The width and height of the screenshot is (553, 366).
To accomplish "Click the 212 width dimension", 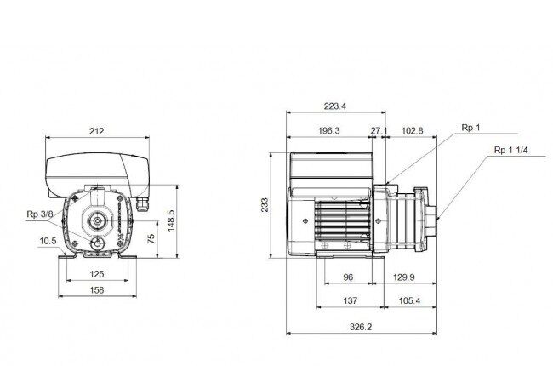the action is pyautogui.click(x=97, y=131).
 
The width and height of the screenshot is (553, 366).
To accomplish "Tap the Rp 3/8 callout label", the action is pyautogui.click(x=40, y=214).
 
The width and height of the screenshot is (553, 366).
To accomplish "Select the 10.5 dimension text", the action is pyautogui.click(x=48, y=241).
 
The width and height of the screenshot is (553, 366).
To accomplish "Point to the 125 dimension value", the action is pyautogui.click(x=97, y=274).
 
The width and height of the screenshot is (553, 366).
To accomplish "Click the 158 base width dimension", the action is pyautogui.click(x=97, y=290).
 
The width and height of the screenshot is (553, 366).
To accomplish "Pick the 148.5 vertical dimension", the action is pyautogui.click(x=171, y=221).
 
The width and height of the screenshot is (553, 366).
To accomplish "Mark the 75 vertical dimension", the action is pyautogui.click(x=151, y=238).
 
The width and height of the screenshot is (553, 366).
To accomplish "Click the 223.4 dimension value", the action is pyautogui.click(x=335, y=106).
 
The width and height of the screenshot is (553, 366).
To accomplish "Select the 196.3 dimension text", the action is pyautogui.click(x=329, y=130).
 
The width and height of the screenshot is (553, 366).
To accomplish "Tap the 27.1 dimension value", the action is pyautogui.click(x=379, y=130).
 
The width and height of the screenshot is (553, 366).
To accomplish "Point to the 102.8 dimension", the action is pyautogui.click(x=413, y=130).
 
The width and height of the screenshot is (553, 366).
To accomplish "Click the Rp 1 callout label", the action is pyautogui.click(x=470, y=128).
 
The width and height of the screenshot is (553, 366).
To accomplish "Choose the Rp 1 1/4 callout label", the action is pyautogui.click(x=511, y=150).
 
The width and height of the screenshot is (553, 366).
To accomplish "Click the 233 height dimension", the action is pyautogui.click(x=265, y=205).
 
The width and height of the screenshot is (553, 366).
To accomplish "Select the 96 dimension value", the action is pyautogui.click(x=348, y=277).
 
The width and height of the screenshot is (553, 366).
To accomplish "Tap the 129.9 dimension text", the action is pyautogui.click(x=404, y=277).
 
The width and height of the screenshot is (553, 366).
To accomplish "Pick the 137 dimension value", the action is pyautogui.click(x=351, y=301).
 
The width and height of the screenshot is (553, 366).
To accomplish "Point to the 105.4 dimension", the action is pyautogui.click(x=409, y=301).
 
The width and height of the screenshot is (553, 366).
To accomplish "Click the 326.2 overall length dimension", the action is pyautogui.click(x=361, y=327).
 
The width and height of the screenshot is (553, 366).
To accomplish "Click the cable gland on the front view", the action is pyautogui.click(x=142, y=204).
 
